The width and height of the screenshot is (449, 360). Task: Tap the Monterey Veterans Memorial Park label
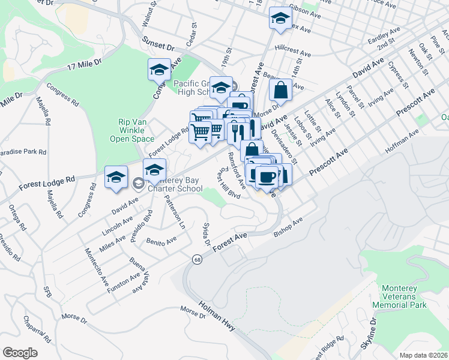(x=403, y=296)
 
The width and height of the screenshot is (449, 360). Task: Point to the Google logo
(x=20, y=353)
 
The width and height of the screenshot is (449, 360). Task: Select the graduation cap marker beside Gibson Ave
(x=280, y=19)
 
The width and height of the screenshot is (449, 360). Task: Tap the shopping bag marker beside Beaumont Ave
(x=281, y=91)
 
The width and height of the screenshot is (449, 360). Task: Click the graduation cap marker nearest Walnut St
(x=159, y=70)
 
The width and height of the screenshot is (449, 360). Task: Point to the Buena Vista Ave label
(x=139, y=274)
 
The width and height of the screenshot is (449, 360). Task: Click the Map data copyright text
(x=424, y=355)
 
